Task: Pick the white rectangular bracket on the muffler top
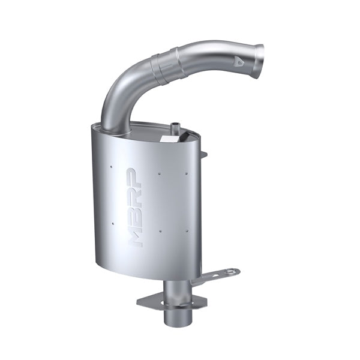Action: click(169, 138)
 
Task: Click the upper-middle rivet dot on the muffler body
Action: click(159, 174)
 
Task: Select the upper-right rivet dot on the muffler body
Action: click(187, 174)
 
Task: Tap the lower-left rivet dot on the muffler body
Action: click(112, 224)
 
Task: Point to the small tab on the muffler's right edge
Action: click(203, 154)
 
